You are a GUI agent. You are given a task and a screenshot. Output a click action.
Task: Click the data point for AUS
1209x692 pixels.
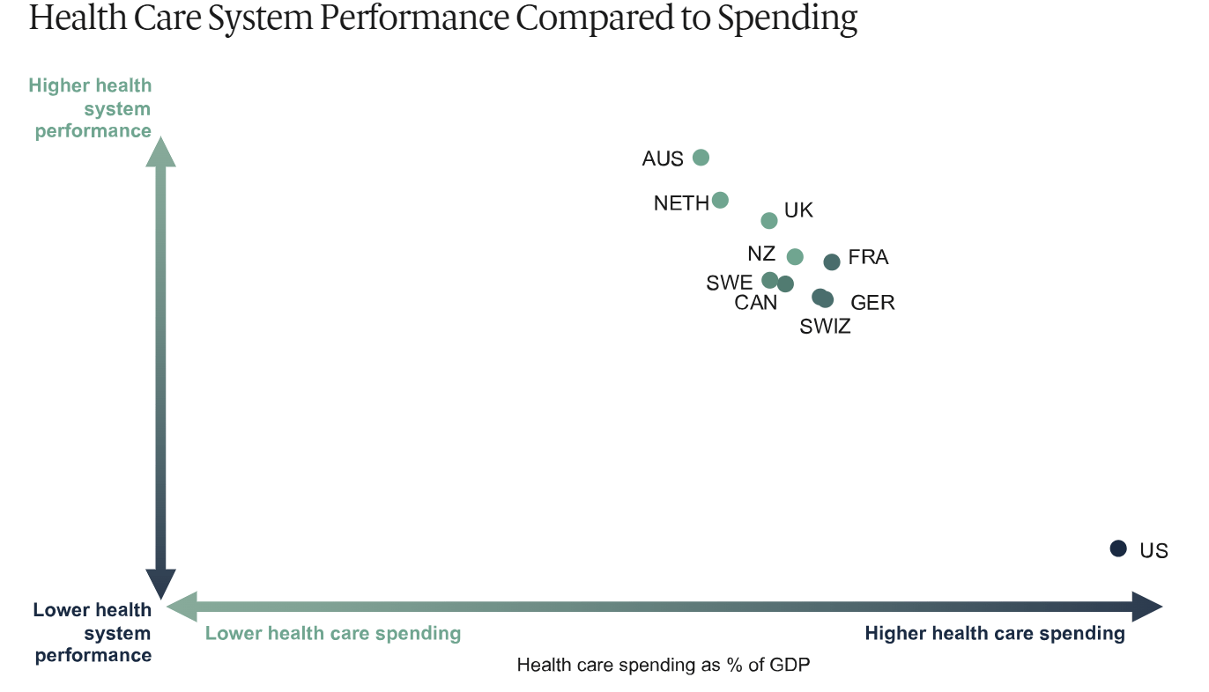pyautogui.click(x=701, y=158)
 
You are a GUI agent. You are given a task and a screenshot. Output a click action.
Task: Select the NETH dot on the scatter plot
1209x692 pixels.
pyautogui.click(x=720, y=200)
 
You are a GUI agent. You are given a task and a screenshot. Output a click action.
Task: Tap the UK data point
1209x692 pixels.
pyautogui.click(x=769, y=220)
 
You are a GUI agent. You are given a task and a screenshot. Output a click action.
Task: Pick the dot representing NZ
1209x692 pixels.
pyautogui.click(x=795, y=256)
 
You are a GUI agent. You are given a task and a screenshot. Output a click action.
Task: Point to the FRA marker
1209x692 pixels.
pyautogui.click(x=832, y=261)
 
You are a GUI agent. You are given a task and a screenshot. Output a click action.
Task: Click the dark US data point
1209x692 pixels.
pyautogui.click(x=1118, y=548)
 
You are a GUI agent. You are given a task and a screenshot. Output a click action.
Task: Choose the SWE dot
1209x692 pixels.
pyautogui.click(x=769, y=280)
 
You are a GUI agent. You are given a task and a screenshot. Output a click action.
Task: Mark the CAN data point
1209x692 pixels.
pyautogui.click(x=785, y=283)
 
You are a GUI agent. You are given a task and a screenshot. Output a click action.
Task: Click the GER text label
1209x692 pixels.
pyautogui.click(x=872, y=303)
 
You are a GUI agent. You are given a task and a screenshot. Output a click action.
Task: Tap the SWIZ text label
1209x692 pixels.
pyautogui.click(x=825, y=328)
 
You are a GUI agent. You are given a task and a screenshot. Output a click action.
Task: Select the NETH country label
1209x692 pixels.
pyautogui.click(x=681, y=203)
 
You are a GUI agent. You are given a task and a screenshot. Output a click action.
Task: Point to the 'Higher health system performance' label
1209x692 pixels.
pyautogui.click(x=91, y=108)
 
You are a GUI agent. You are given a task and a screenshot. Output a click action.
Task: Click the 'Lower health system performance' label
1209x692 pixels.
pyautogui.click(x=93, y=632)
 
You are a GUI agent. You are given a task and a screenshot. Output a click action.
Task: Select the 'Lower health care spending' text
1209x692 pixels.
pyautogui.click(x=333, y=633)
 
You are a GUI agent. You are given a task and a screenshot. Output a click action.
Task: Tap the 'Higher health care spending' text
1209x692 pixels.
pyautogui.click(x=995, y=633)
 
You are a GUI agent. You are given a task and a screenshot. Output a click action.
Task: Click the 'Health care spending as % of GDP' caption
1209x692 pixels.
pyautogui.click(x=663, y=665)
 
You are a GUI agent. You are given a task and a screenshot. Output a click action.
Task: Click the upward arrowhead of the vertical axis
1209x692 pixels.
pyautogui.click(x=160, y=151)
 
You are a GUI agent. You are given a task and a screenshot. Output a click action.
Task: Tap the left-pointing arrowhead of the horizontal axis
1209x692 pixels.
pyautogui.click(x=182, y=606)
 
